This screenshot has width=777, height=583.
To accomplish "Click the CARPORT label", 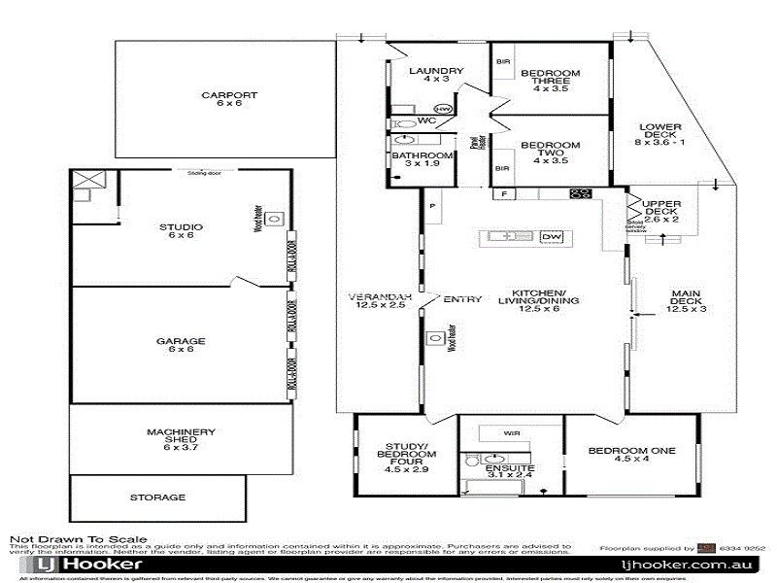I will (x=229, y=94).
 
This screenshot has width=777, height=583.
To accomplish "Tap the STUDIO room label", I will (x=181, y=227).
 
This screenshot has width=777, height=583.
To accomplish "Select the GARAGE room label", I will (x=181, y=341).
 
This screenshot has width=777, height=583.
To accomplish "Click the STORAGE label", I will (x=156, y=497).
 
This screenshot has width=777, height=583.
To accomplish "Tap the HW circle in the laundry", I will (x=444, y=109).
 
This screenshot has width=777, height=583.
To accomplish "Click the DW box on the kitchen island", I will (x=551, y=236).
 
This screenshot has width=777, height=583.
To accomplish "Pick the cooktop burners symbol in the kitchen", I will (x=581, y=193).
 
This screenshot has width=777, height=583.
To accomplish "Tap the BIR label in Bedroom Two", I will (x=502, y=167).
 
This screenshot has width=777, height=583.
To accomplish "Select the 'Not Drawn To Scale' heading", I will (x=79, y=538).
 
